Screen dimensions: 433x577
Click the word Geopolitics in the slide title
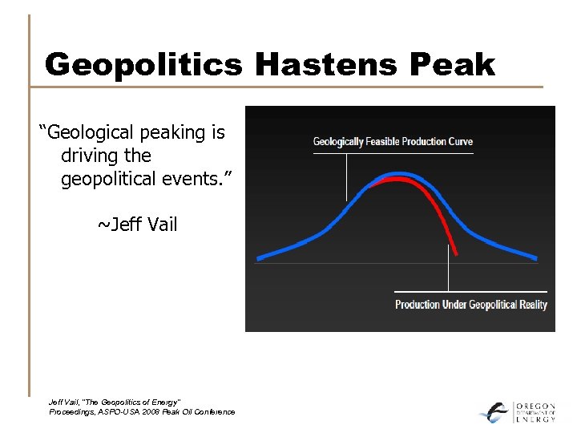pos(143,64)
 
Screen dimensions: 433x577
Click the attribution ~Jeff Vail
pos(137,225)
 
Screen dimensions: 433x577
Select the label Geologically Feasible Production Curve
pos(393,142)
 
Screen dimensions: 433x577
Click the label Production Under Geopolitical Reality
pos(471,305)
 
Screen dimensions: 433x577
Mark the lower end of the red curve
pos(456,253)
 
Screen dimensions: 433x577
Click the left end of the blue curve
pos(258,259)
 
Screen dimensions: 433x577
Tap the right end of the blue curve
pos(536,257)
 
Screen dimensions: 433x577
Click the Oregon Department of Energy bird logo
pos(494,411)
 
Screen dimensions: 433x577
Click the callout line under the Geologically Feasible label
pos(347,176)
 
